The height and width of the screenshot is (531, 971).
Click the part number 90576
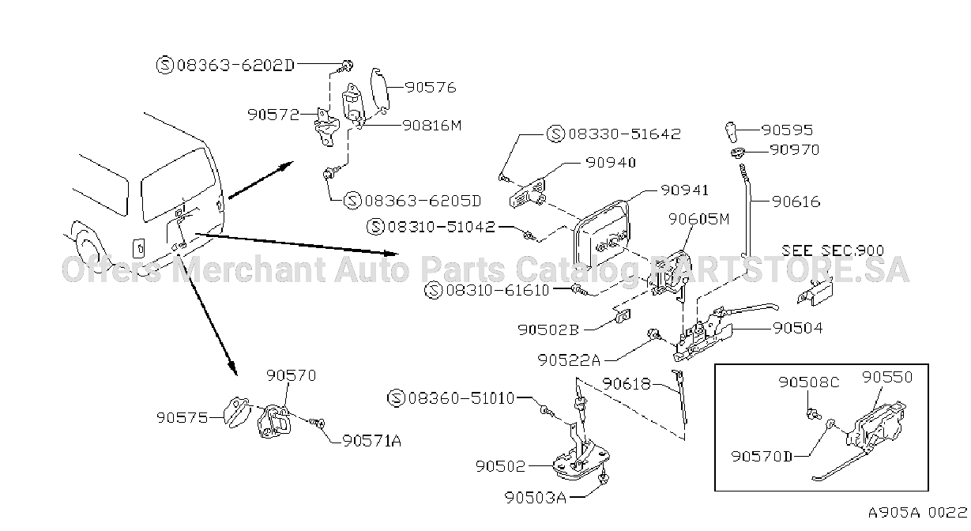431,88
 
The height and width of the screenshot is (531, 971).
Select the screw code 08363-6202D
235,66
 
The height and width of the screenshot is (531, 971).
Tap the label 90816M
431,126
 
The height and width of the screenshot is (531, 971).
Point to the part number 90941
684,190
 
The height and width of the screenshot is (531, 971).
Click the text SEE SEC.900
833,250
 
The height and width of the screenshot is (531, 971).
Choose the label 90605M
698,220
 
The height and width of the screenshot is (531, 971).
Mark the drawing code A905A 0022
917,513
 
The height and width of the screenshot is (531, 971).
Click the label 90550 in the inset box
887,377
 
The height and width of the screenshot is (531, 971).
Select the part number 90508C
809,382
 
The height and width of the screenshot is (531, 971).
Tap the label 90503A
536,498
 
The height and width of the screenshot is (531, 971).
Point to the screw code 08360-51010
461,398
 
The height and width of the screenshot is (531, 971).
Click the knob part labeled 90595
731,132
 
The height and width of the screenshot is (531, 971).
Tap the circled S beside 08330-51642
555,134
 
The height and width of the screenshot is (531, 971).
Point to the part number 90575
182,418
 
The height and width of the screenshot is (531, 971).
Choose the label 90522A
569,360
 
